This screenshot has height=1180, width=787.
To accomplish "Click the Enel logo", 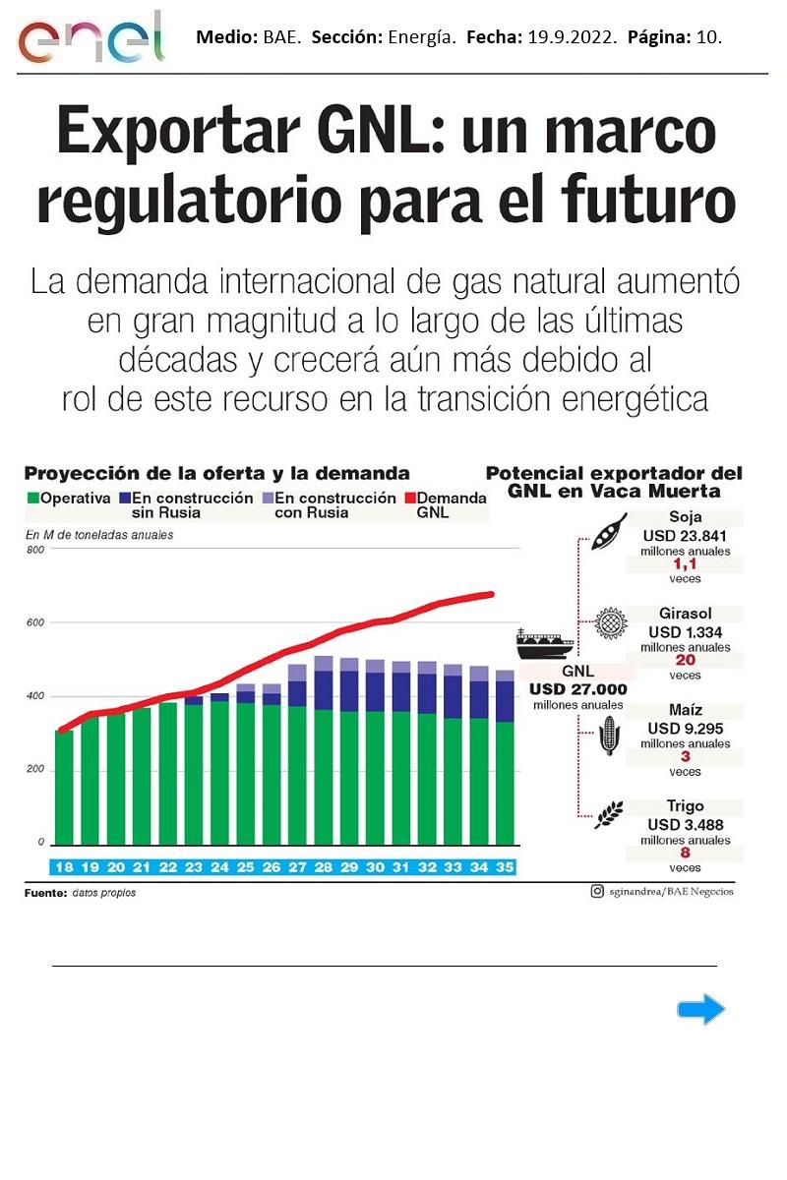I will pos(91,38).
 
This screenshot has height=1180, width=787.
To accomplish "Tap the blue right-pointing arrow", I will pos(701,1010).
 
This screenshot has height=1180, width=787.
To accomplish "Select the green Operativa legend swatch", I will pos(31,499).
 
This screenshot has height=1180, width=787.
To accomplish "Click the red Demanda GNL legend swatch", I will pos(408,499).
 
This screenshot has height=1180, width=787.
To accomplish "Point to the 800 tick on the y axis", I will pos(35,550).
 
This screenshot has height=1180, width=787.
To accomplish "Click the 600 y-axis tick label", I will pos(35,623).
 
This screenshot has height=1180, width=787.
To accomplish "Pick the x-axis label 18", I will pos(64,867).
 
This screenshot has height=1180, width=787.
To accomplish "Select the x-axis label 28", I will pos(323,867).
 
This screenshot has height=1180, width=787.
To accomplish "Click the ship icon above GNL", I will pos(545,643).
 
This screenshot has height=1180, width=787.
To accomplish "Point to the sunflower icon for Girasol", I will pos(610,623).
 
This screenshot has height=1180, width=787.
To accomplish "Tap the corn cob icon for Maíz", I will pos(609,736).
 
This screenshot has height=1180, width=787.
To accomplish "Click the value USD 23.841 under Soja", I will pos(686,536).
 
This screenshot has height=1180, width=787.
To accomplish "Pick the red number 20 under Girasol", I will pos(686,661).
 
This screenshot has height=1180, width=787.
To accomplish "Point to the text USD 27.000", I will pos(578,689).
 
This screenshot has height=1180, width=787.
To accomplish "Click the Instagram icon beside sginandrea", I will pos(597,892).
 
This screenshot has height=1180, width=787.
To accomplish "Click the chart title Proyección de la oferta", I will pos(216,473).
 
